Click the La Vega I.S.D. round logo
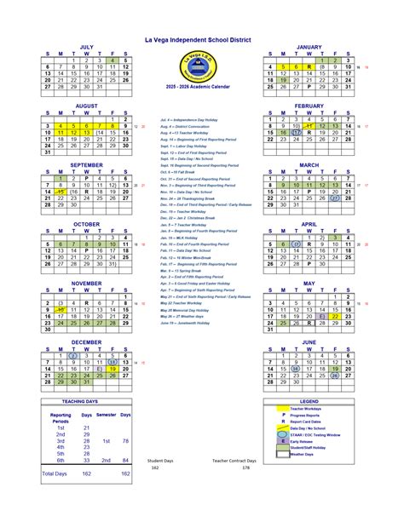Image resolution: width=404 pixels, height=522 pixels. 200,66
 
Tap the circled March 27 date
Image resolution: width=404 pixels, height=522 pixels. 336,198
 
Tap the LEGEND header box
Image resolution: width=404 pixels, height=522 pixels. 309,401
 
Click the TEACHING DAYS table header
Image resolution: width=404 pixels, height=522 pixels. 86,401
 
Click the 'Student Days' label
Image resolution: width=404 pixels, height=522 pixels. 160,460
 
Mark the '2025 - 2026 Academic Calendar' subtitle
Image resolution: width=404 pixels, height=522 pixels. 201,87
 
